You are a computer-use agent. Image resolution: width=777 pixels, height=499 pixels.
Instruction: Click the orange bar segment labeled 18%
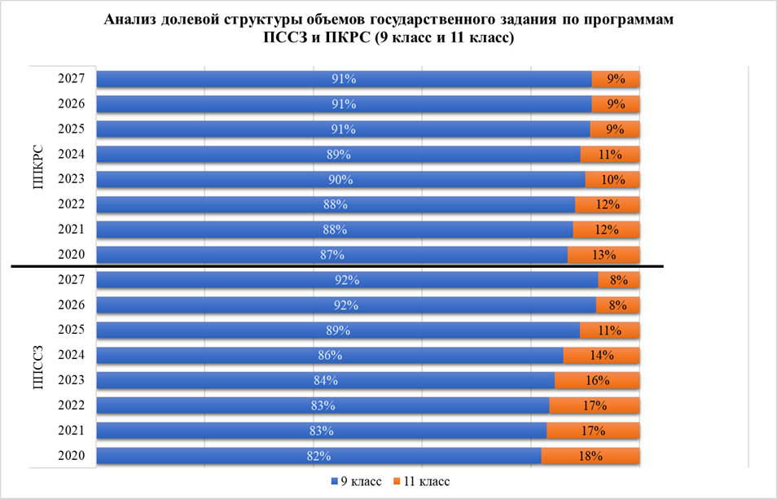tap(590, 456)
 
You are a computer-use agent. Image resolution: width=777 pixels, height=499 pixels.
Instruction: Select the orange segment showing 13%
tap(603, 255)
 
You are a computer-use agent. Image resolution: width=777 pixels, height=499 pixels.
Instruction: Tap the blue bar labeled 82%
tap(319, 456)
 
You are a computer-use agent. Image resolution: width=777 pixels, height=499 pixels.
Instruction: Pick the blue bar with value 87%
tap(332, 255)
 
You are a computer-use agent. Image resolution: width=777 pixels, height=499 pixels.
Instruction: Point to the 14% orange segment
tap(601, 356)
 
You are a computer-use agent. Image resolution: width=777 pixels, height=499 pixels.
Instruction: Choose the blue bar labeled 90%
tap(340, 180)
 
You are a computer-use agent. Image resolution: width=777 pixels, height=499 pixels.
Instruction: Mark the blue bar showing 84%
tap(326, 380)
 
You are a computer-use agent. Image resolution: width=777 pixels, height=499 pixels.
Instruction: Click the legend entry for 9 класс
tap(355, 482)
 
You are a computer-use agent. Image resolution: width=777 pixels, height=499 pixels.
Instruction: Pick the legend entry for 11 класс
tap(420, 482)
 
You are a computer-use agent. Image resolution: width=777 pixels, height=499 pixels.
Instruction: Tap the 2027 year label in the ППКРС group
tap(72, 79)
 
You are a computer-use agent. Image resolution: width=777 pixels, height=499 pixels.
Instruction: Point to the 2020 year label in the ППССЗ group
tap(72, 456)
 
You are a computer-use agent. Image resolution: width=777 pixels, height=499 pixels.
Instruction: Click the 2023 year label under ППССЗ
tap(72, 380)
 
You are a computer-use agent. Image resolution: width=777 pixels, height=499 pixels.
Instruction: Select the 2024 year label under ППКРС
tap(72, 155)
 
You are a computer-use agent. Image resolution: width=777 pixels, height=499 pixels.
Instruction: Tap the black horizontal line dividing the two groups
tap(326, 267)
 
